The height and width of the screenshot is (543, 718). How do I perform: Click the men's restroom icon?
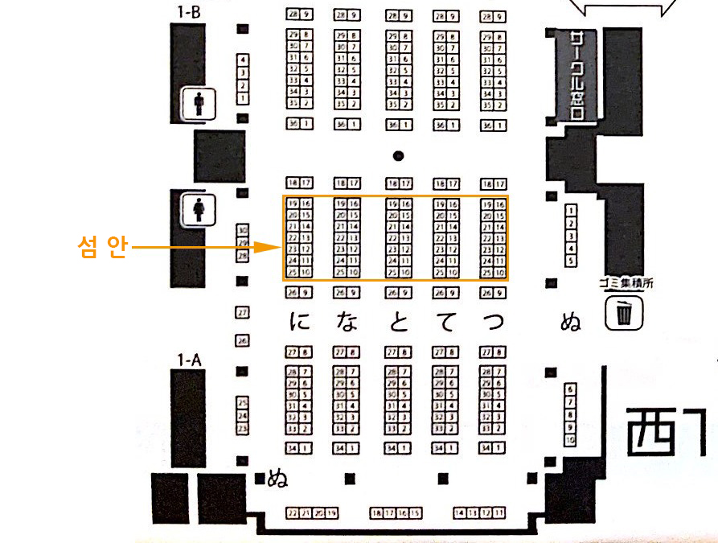[199, 104]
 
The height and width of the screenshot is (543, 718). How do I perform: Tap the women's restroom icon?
[199, 210]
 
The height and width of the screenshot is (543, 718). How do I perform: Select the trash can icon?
[624, 313]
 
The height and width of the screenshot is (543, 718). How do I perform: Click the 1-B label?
[189, 13]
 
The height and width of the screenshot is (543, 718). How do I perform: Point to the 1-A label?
[189, 360]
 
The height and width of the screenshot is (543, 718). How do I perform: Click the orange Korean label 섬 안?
[102, 247]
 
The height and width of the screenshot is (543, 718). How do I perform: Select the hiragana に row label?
[300, 323]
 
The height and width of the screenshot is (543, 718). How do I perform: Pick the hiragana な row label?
[347, 323]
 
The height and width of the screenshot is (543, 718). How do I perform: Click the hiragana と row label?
[397, 323]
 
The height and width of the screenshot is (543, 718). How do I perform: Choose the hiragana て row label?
[445, 323]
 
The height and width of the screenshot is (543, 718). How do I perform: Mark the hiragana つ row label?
[493, 323]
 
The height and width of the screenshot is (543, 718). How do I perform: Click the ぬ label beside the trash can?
[570, 323]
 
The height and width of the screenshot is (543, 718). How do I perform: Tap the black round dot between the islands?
[397, 155]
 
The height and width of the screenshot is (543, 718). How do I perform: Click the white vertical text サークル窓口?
[576, 76]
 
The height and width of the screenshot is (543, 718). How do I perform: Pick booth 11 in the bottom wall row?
[499, 513]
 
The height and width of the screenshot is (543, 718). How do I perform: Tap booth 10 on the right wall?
[570, 441]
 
